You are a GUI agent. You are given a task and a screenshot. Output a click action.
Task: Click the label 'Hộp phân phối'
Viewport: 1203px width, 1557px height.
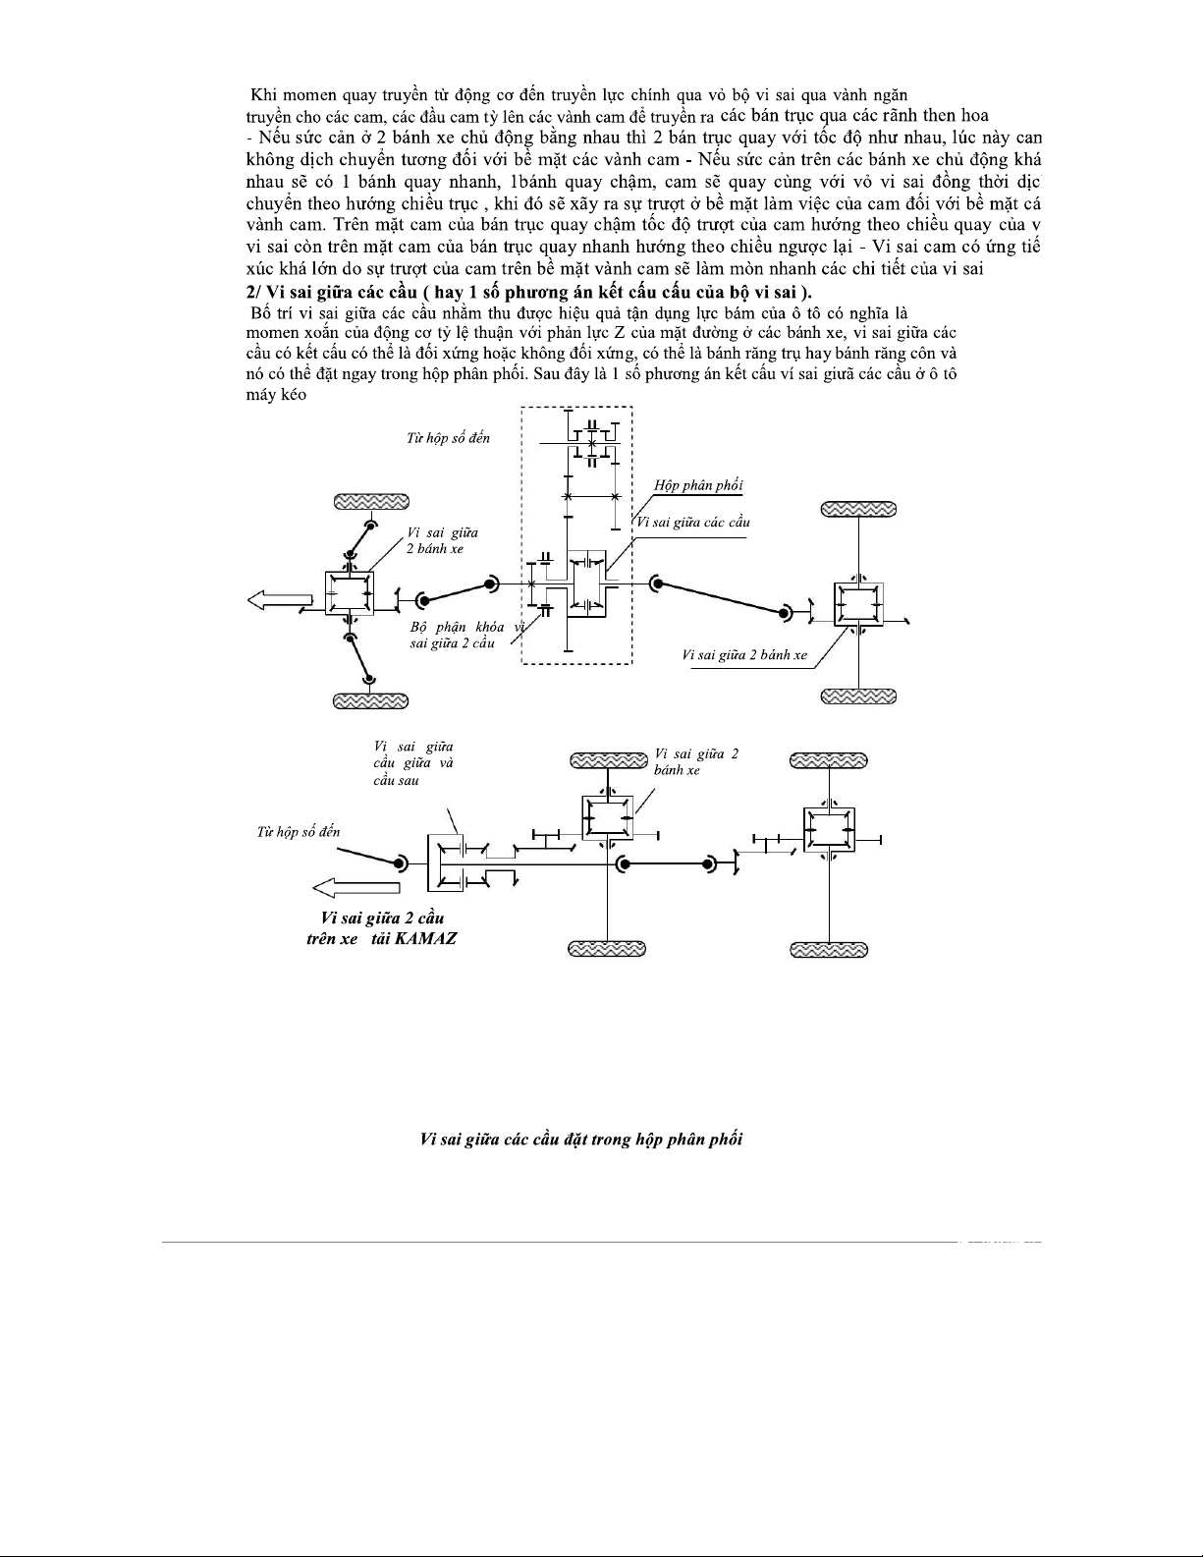[698, 485]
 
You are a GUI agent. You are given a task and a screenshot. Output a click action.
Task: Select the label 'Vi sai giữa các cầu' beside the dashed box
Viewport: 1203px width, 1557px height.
[693, 522]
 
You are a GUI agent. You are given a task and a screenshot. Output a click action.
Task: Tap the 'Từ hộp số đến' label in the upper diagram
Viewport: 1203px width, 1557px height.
[448, 437]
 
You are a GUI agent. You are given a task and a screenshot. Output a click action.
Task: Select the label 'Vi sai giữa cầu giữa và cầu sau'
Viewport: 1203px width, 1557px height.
[412, 763]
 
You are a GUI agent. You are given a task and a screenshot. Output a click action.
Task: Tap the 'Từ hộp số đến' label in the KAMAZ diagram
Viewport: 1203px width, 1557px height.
[299, 831]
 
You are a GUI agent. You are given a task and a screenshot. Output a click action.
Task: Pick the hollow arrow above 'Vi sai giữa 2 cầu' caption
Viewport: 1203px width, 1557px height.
[355, 888]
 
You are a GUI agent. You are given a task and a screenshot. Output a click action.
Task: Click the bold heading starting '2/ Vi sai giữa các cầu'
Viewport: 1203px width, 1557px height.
[528, 293]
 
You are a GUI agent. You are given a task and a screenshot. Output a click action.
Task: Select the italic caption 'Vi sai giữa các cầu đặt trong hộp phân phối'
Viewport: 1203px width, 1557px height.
[580, 1140]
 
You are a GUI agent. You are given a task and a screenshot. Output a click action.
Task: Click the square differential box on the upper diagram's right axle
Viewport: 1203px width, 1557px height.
[858, 603]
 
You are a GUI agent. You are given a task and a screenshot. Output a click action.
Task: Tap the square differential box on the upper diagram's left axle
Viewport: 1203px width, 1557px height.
[349, 593]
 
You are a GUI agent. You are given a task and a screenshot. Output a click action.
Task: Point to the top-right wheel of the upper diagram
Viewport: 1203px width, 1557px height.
[858, 509]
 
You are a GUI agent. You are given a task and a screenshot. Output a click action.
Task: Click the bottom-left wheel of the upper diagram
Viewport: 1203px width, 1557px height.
[371, 700]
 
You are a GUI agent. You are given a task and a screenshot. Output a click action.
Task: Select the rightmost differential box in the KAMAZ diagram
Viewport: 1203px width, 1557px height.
[829, 830]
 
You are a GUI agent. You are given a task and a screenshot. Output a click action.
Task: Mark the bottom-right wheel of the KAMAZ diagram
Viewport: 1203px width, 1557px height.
[829, 949]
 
